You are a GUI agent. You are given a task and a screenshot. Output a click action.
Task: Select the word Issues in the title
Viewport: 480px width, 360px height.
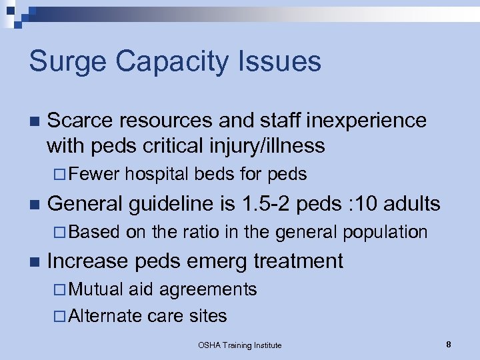click(x=287, y=62)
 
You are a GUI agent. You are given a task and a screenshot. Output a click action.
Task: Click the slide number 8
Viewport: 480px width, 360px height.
click(x=449, y=345)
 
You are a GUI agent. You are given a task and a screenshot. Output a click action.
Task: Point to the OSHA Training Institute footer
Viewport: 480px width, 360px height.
click(x=240, y=345)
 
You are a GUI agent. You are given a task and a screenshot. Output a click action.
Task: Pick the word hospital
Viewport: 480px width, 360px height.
click(x=157, y=175)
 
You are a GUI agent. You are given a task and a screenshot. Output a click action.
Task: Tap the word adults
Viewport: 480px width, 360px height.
click(x=415, y=203)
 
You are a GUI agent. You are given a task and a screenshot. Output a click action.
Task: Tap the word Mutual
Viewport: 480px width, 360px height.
click(x=96, y=289)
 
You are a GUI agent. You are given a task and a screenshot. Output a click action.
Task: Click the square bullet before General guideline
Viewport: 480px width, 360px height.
click(x=34, y=204)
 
